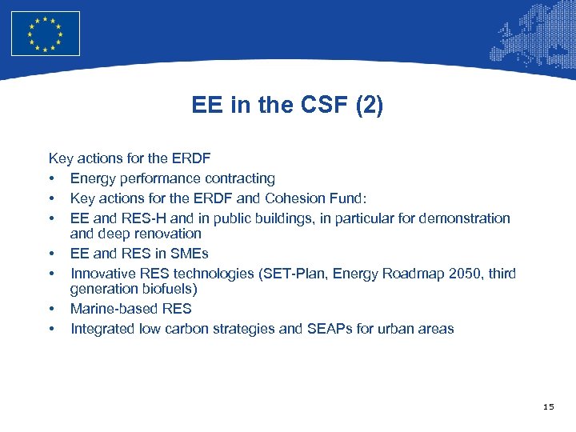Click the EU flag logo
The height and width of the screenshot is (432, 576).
[x=46, y=34]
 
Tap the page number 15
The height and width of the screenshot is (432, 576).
[x=548, y=407]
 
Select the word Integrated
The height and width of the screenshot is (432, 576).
[x=102, y=329]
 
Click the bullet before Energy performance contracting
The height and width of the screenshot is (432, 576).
[x=52, y=179]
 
